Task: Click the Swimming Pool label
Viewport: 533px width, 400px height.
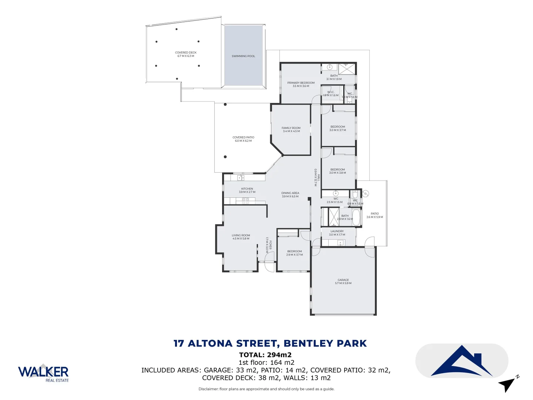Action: pyautogui.click(x=243, y=56)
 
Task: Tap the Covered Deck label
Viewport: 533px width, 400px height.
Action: pyautogui.click(x=186, y=53)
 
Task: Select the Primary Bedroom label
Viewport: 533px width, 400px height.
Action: pyautogui.click(x=301, y=83)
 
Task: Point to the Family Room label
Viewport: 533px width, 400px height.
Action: pyautogui.click(x=291, y=128)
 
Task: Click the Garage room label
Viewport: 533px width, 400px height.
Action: pyautogui.click(x=343, y=280)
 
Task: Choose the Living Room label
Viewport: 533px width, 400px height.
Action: pyautogui.click(x=241, y=236)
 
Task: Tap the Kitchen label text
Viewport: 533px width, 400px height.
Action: pyautogui.click(x=247, y=189)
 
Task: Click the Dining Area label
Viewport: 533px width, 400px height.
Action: pyautogui.click(x=290, y=193)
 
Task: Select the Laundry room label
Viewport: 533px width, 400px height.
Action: pyautogui.click(x=337, y=231)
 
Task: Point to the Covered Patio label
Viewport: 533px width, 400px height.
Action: pyautogui.click(x=243, y=137)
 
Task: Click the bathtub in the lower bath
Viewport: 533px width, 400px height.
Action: pyautogui.click(x=356, y=217)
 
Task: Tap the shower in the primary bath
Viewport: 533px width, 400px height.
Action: pyautogui.click(x=347, y=69)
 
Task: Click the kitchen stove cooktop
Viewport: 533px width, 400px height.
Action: pyautogui.click(x=246, y=201)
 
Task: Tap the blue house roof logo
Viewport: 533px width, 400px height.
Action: pyautogui.click(x=462, y=361)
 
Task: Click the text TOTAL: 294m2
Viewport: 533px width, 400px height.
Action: pyautogui.click(x=265, y=355)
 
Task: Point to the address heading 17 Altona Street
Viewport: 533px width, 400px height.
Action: pyautogui.click(x=270, y=343)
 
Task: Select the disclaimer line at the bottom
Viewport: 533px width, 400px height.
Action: pyautogui.click(x=266, y=389)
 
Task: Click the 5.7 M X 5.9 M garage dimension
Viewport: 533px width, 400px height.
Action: pyautogui.click(x=343, y=283)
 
